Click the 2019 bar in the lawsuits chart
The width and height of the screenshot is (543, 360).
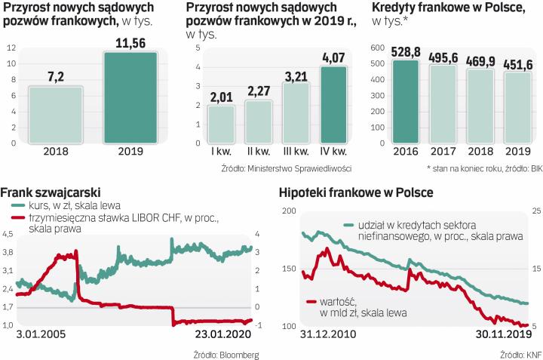(130, 97)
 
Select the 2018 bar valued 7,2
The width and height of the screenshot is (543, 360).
(55, 114)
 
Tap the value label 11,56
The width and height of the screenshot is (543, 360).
(130, 43)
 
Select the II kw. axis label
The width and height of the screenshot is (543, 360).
(259, 152)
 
